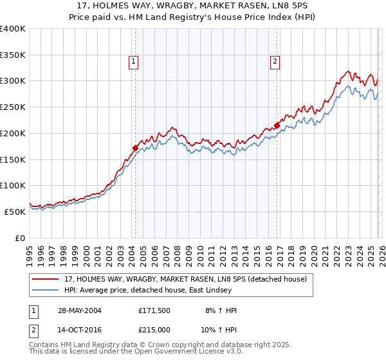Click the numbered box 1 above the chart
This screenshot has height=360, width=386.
click(133, 62)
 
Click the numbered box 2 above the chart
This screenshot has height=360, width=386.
click(275, 62)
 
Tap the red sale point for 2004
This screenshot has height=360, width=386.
click(135, 148)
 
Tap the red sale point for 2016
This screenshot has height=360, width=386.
click(277, 125)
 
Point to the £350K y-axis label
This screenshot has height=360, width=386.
click(13, 55)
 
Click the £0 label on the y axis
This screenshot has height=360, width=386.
click(19, 238)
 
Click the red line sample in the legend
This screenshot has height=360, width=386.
click(46, 279)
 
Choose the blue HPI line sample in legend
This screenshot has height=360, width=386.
click(46, 290)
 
